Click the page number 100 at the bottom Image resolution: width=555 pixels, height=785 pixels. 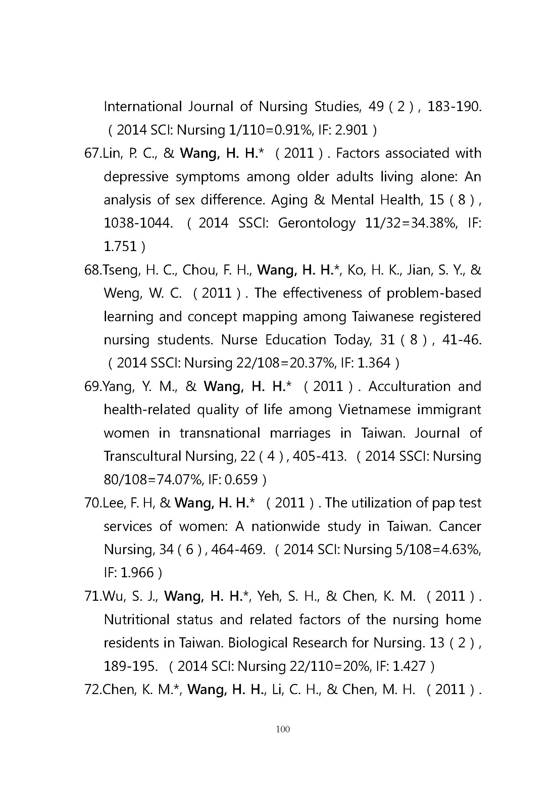pyautogui.click(x=283, y=729)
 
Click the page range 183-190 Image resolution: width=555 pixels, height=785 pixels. pyautogui.click(x=454, y=107)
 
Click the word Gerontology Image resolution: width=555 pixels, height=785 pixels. pyautogui.click(x=317, y=223)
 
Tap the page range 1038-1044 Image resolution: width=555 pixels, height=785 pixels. pyautogui.click(x=138, y=223)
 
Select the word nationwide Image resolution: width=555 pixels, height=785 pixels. pyautogui.click(x=285, y=526)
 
